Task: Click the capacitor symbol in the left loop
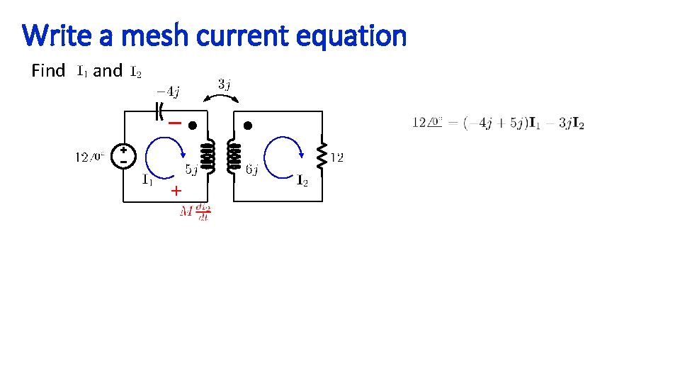(159, 111)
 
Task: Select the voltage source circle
(123, 156)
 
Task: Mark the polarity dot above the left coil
(192, 126)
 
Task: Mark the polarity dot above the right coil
(248, 126)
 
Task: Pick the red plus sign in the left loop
(176, 191)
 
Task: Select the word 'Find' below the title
(48, 71)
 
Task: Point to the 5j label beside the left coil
(191, 170)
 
